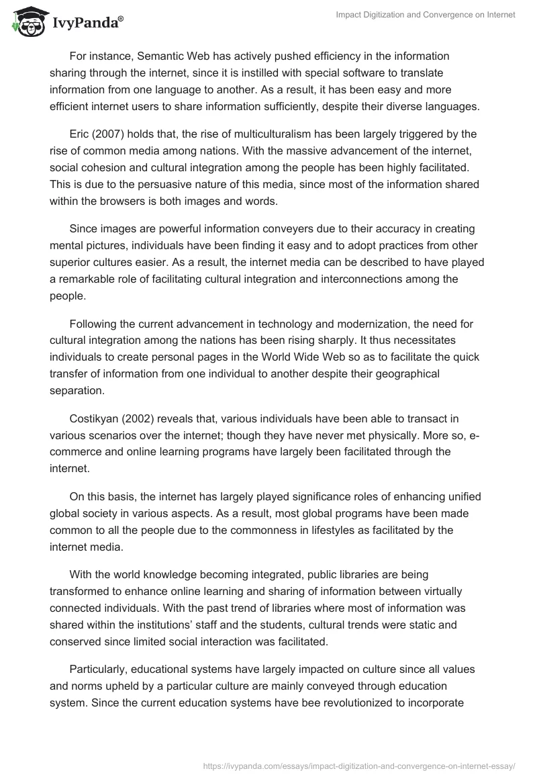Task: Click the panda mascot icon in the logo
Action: (x=28, y=22)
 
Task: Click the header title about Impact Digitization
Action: (x=426, y=15)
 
